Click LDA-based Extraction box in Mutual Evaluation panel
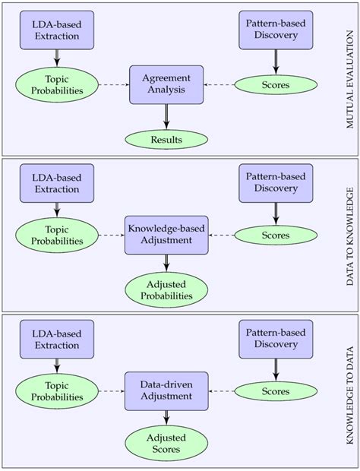point(57,27)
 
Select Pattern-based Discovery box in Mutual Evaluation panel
point(276,27)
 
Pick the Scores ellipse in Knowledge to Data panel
point(276,391)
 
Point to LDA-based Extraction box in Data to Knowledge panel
point(57,183)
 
